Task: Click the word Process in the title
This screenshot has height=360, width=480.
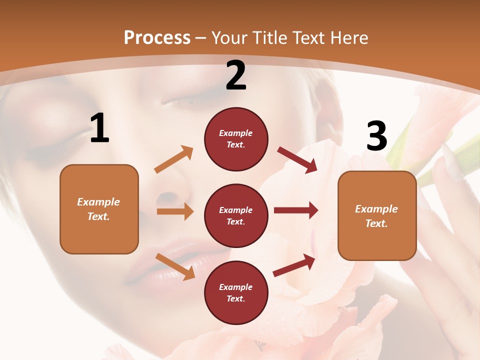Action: (x=157, y=38)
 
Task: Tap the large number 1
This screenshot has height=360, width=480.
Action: (x=99, y=128)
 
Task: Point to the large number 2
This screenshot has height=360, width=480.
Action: (x=236, y=76)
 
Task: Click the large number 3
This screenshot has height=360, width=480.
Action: (x=376, y=136)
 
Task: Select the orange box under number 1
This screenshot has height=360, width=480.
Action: (x=99, y=209)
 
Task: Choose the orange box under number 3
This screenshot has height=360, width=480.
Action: (x=377, y=215)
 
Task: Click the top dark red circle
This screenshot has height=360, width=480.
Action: (x=236, y=139)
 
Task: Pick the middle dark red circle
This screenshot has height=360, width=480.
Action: (x=236, y=215)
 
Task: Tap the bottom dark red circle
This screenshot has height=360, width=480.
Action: (x=236, y=292)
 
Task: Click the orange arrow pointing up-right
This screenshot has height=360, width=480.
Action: (x=174, y=159)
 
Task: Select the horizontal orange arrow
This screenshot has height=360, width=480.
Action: (x=175, y=211)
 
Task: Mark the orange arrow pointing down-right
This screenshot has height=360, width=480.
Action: (x=175, y=266)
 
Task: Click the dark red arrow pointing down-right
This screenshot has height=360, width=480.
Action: (x=297, y=160)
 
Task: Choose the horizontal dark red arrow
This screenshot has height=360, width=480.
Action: (x=296, y=210)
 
